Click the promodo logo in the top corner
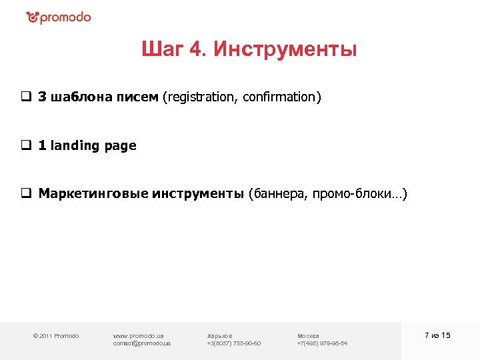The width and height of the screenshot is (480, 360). pos(58,17)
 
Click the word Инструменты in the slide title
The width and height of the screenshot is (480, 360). pos(285,50)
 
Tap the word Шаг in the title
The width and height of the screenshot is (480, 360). pos(158,50)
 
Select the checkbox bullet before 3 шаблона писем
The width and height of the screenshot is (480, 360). pos(25,97)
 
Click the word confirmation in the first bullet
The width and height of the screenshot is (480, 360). pos(281,97)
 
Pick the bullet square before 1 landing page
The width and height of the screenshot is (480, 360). pos(25,145)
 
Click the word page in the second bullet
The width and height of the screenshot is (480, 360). pos(121,145)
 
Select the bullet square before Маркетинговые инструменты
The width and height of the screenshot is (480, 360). pos(25,194)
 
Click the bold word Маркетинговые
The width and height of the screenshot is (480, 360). pos(93,194)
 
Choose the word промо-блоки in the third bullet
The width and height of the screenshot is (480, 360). pos(358,194)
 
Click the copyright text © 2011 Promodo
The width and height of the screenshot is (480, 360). pos(56,335)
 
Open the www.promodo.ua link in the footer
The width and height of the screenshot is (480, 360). pos(139,335)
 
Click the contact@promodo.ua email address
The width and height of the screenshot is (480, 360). pos(142,343)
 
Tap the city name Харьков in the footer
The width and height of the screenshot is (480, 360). pos(220,335)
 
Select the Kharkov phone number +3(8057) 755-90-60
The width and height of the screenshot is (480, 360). pos(234,343)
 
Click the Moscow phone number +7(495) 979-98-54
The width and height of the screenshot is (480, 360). pos(322,343)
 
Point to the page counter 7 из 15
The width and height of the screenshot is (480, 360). pos(437,335)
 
